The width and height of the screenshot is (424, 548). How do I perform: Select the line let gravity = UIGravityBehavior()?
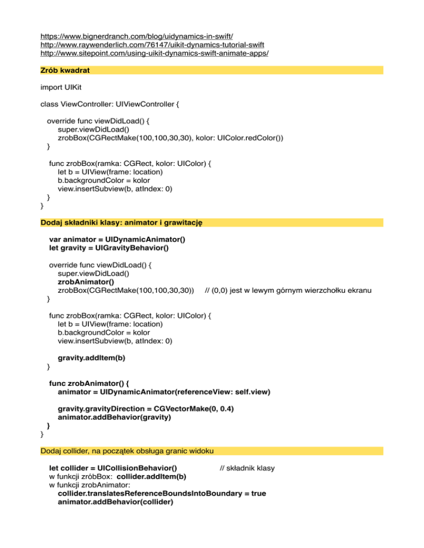click(109, 248)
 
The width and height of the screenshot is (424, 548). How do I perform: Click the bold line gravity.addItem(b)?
click(91, 358)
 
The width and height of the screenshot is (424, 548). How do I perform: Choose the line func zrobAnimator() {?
click(92, 383)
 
